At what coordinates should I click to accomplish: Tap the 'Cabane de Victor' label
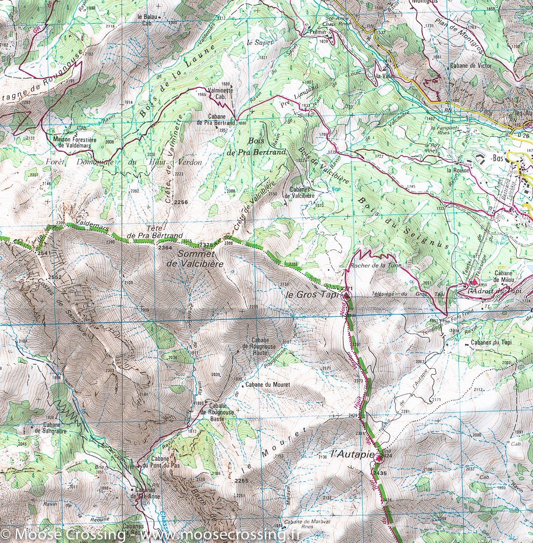click(x=470, y=66)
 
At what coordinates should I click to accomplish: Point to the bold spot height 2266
click(x=180, y=202)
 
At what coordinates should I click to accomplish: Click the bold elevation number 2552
click(x=55, y=277)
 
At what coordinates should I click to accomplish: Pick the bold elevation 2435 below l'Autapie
click(x=380, y=473)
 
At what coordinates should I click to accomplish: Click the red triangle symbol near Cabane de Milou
click(x=472, y=281)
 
